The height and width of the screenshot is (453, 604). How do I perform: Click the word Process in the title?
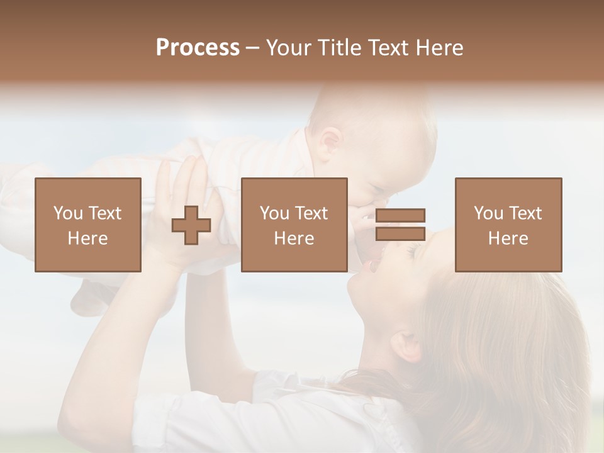(198, 48)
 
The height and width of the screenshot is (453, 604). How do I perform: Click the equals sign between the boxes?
(400, 225)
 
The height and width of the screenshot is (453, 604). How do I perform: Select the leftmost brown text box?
(88, 225)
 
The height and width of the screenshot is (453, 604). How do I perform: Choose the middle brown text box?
(294, 225)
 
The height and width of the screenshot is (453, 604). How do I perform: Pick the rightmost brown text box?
(508, 225)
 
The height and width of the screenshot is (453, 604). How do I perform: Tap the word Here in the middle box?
(294, 238)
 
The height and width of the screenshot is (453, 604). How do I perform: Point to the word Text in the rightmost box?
(525, 213)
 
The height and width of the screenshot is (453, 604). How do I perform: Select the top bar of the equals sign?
(400, 216)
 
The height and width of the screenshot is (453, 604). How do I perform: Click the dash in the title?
(253, 48)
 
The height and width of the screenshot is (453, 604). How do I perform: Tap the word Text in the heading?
(386, 48)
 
